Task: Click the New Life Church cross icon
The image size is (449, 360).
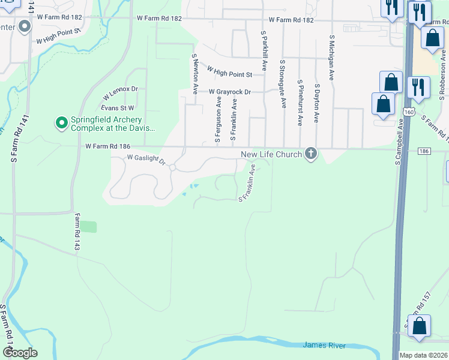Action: [x=311, y=154]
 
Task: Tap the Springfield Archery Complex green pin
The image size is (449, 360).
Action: [x=61, y=123]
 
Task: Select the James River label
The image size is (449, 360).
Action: [x=324, y=344]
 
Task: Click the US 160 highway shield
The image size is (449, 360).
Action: [x=409, y=112]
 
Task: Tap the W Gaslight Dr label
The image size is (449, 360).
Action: [x=145, y=158]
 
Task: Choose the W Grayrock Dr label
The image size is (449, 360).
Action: [x=229, y=92]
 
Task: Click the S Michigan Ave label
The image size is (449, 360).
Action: [x=331, y=57]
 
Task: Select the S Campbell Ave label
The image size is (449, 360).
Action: [x=399, y=142]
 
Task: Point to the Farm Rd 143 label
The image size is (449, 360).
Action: [x=77, y=232]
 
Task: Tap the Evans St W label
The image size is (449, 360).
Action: [x=117, y=107]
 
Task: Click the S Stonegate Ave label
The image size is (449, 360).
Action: [x=282, y=83]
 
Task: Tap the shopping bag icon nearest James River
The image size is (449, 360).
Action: [x=420, y=325]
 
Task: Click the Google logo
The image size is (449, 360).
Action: [x=20, y=353]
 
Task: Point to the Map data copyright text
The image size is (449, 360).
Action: [x=423, y=355]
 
